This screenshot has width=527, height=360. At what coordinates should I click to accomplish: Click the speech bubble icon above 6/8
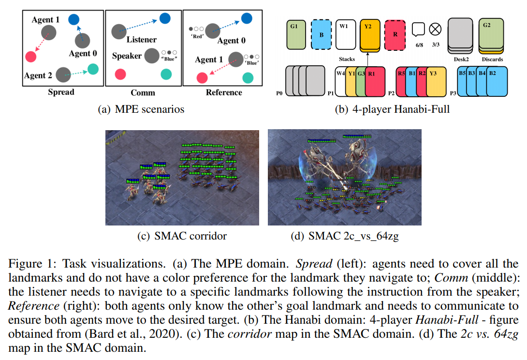coord(418,30)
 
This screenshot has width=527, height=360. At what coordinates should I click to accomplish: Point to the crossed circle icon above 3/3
coord(435,29)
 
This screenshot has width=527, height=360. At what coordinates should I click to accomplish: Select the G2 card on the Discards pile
coord(491,34)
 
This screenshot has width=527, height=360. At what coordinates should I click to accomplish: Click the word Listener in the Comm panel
coord(142,40)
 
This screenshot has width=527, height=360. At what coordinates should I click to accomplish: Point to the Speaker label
coord(127,56)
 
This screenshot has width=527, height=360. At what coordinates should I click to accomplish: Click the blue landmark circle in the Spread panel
coord(74,19)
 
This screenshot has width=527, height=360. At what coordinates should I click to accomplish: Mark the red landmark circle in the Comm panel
coord(119,74)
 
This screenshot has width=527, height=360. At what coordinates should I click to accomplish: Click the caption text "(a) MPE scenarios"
coord(141,109)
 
